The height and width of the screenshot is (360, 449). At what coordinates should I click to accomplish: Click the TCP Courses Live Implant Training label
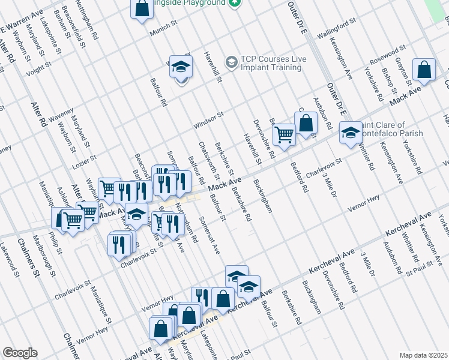click(x=271, y=63)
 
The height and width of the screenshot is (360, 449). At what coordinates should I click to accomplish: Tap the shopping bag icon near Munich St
click(x=142, y=9)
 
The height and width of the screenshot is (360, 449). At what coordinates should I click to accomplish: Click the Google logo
click(x=20, y=353)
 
